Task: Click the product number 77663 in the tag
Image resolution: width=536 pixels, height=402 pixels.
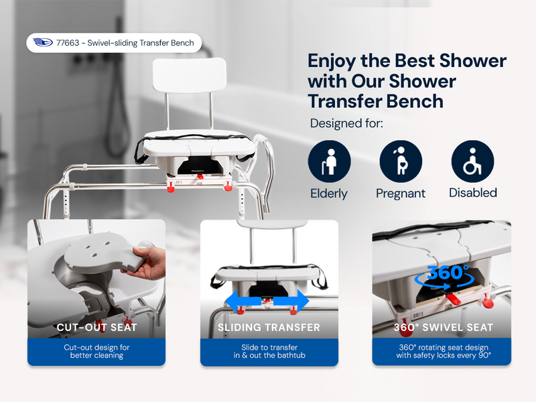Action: [69, 44]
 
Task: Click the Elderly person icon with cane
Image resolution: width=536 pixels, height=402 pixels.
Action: [329, 161]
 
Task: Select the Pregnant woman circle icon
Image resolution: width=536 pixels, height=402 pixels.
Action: [401, 161]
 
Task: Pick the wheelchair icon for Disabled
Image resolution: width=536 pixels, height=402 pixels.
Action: [472, 161]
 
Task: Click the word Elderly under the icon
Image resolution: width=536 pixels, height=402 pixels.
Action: [329, 194]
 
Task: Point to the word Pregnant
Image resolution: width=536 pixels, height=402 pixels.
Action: [401, 194]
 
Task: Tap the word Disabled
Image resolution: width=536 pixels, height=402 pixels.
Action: [472, 193]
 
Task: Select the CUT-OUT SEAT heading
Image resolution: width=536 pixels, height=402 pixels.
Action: [96, 328]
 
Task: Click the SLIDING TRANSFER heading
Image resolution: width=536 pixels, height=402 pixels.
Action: [269, 328]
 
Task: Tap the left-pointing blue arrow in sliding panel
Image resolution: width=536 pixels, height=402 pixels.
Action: [237, 301]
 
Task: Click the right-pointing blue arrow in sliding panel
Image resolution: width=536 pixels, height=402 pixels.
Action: [299, 301]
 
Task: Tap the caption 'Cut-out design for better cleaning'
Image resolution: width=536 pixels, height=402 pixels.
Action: [96, 351]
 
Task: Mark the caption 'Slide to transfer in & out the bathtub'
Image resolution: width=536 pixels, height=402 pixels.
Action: [269, 351]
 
